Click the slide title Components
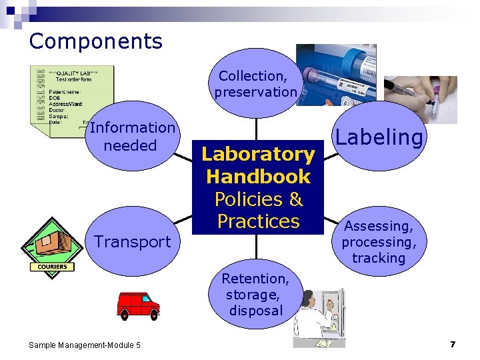[96, 41]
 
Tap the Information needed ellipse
[132, 137]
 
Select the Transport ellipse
[132, 241]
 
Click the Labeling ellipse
[379, 137]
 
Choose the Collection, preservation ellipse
[256, 84]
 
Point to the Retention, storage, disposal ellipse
[255, 294]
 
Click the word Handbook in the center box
[259, 177]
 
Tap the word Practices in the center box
[259, 221]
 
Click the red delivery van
[138, 305]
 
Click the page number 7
[453, 345]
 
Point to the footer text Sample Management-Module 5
[85, 345]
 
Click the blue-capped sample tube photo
[337, 74]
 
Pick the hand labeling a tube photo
[420, 99]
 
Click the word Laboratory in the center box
[258, 155]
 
